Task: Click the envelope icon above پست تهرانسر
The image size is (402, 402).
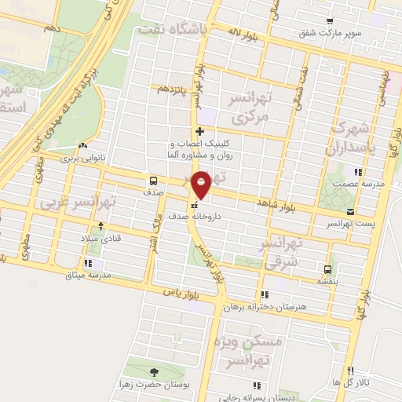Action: pos(350,211)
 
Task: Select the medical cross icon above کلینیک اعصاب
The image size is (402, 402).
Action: pos(201,131)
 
